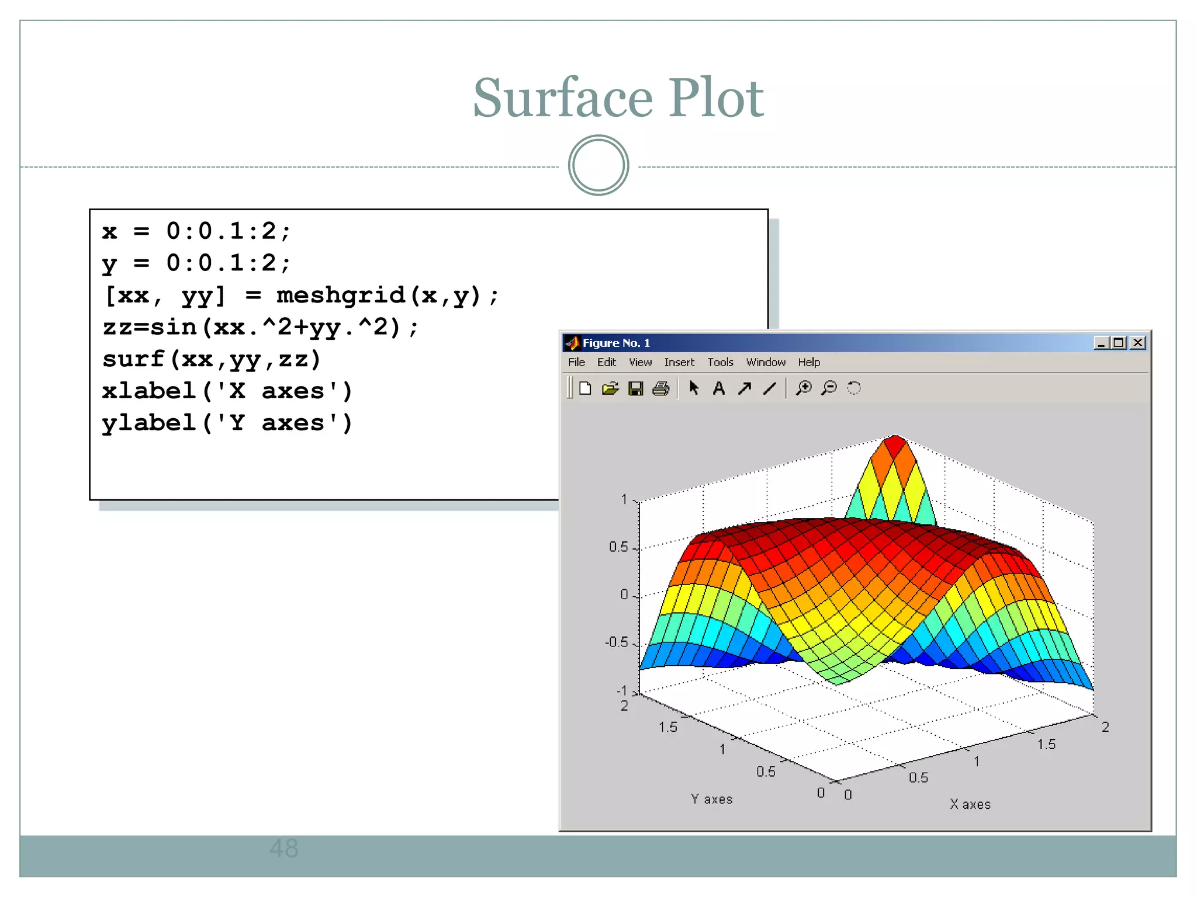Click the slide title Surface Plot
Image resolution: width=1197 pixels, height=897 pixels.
coord(618,98)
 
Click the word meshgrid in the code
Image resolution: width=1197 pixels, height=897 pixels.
coord(341,295)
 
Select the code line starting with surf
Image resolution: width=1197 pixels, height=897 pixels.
coord(212,359)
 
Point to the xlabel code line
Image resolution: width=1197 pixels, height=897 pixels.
coord(227,391)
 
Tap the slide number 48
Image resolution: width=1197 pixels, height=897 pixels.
coord(284,848)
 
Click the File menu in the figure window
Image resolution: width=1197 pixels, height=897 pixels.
coord(576,363)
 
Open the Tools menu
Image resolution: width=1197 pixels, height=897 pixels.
coord(720,363)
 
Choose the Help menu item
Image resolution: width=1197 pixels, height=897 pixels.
coord(809,363)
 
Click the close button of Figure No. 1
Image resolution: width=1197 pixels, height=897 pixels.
coord(1137,343)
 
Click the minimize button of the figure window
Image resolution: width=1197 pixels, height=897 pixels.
coord(1101,343)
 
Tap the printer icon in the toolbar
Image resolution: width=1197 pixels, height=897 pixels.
coord(661,388)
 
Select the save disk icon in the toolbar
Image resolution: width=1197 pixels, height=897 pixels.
coord(636,388)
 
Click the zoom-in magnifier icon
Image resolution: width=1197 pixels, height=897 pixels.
coord(804,388)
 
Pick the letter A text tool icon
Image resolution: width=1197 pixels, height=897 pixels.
coord(719,388)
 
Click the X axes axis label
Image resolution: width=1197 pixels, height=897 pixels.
coord(970,805)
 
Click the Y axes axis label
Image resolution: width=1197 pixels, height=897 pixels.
coord(712,799)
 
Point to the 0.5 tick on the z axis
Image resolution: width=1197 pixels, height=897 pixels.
coord(618,547)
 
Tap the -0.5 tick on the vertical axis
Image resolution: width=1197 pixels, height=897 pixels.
coord(617,642)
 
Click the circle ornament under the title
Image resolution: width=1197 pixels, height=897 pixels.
coord(598,165)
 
